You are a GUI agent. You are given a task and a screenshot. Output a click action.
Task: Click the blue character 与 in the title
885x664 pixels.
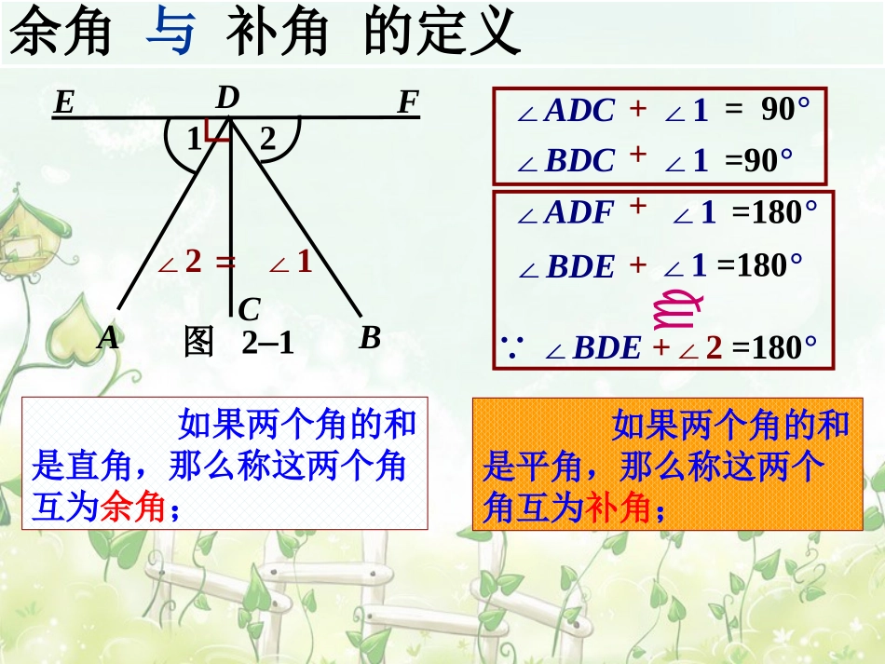coord(171,34)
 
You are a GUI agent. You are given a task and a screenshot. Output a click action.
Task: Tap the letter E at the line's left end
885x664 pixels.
coord(63,102)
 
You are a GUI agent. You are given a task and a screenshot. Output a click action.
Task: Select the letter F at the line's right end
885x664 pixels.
coord(407,102)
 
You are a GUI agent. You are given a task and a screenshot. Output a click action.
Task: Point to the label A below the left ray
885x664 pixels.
coord(109,337)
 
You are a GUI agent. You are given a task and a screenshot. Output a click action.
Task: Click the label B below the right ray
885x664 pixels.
coord(370,337)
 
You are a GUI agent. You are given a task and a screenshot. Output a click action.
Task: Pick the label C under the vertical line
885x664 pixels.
coord(248,310)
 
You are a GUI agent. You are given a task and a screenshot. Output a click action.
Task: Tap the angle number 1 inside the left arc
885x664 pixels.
coord(193,140)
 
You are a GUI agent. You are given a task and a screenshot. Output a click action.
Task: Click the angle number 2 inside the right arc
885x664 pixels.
coord(268,140)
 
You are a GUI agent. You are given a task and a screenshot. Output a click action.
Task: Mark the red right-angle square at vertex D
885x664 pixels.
coord(219,130)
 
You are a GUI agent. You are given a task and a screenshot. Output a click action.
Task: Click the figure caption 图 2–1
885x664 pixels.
coord(239,343)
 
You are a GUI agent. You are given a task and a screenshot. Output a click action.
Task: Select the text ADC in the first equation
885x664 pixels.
coord(579,111)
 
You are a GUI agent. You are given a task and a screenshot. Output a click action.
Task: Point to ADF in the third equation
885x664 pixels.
coord(579,213)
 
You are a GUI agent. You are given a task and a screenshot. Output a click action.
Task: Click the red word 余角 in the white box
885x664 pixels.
coord(131,508)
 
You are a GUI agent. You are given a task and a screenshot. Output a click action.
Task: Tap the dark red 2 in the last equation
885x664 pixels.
coord(714,348)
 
